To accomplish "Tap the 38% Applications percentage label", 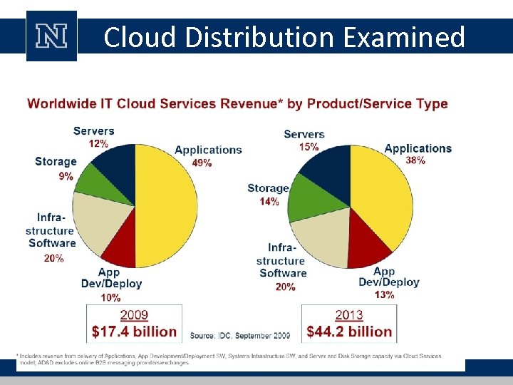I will (415, 160).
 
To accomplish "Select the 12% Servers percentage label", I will (98, 143).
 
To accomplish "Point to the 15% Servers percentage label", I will (309, 146).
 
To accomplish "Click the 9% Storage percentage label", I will (66, 175).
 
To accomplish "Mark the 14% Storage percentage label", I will (269, 202).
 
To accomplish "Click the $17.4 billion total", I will (134, 332).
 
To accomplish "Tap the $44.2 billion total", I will (349, 332).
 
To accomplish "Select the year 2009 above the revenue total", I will (134, 314).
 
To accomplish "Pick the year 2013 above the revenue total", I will (348, 314).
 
